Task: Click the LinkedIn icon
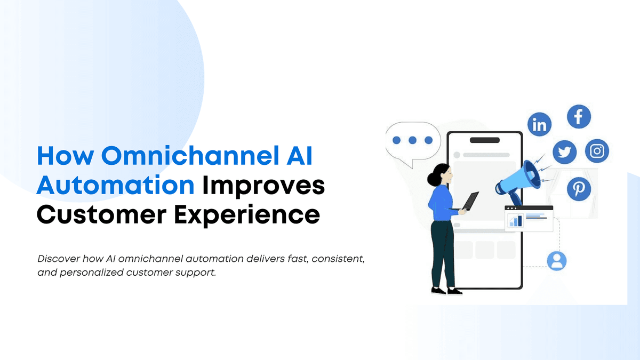click(x=539, y=124)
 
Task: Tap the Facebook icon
click(x=579, y=117)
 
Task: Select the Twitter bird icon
click(x=565, y=152)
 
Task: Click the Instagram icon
click(x=597, y=151)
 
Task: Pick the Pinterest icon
click(x=579, y=189)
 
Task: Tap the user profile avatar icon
click(x=557, y=261)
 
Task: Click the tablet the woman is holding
click(x=470, y=201)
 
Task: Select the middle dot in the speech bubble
click(x=412, y=140)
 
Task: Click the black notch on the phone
click(x=485, y=140)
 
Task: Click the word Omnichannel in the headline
click(x=190, y=156)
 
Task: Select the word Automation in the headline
click(x=115, y=186)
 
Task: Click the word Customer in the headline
click(x=101, y=215)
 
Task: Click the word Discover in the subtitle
click(x=59, y=259)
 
